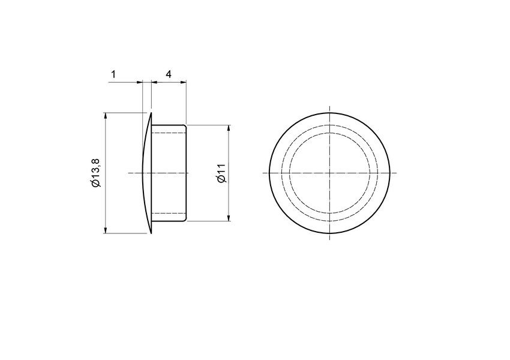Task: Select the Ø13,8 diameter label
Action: coord(95,173)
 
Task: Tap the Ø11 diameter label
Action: coord(220,173)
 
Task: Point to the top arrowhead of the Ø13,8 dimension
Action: coord(106,115)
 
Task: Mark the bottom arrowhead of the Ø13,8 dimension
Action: coord(106,230)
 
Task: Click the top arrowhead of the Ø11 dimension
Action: coord(229,128)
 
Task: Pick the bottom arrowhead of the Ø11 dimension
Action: coord(229,218)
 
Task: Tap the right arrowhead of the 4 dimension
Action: coord(184,82)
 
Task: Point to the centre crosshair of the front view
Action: coord(330,173)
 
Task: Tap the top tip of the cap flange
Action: coord(151,113)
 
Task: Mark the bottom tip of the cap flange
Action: coord(151,233)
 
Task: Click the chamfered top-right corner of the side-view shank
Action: coord(185,125)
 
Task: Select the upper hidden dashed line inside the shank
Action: coord(168,131)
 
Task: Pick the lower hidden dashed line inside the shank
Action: coord(168,214)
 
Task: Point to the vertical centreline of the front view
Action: coord(330,120)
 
